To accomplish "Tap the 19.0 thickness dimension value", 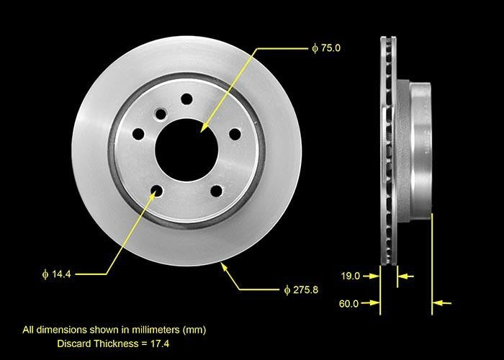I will [x=349, y=275].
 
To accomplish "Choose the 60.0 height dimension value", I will [x=348, y=303].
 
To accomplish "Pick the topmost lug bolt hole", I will [x=186, y=99].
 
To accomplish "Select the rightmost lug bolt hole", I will [x=235, y=133].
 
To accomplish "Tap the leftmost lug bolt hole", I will [x=138, y=134].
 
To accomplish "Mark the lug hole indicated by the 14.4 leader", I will [x=156, y=191].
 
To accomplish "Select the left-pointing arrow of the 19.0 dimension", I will [x=406, y=275].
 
